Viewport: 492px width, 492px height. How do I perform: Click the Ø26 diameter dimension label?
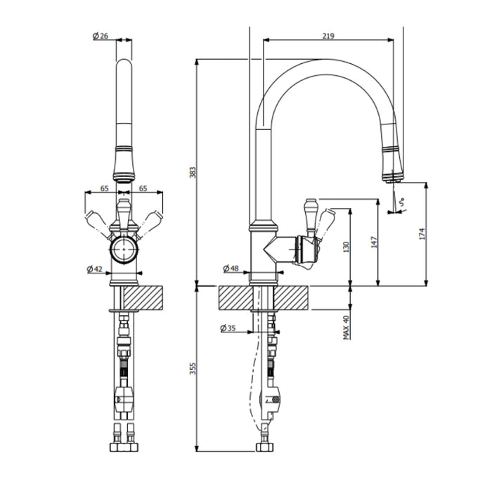coord(100,37)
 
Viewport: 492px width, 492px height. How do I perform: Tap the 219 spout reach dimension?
coord(329,35)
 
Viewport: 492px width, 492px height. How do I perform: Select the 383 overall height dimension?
coord(193,171)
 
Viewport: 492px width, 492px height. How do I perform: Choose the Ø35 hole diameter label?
coord(228,328)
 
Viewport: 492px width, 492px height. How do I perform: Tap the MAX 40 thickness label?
coord(347,328)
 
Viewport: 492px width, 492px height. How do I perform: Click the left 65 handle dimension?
coord(104,188)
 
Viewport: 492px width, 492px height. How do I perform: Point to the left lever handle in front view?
coord(96,221)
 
